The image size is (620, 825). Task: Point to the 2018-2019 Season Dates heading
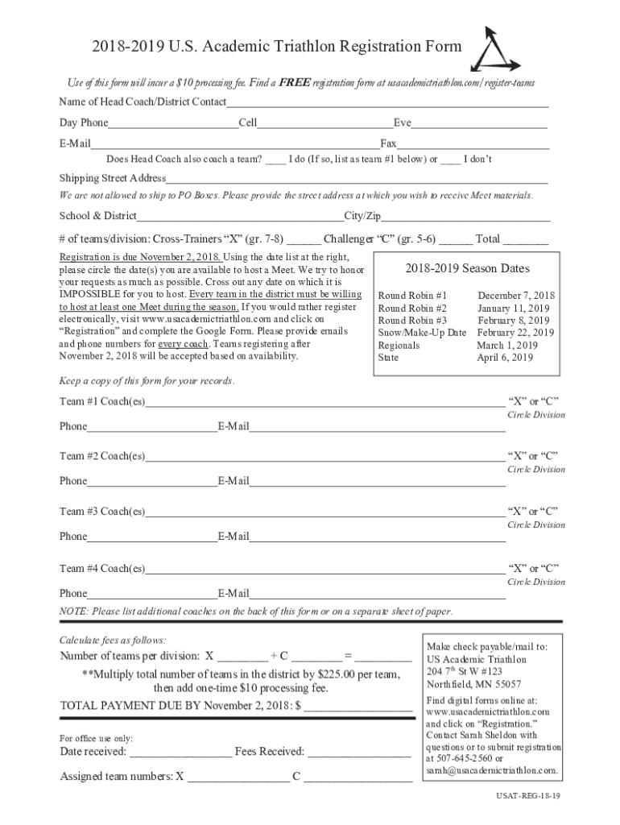click(x=467, y=269)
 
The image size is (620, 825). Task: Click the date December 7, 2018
click(x=515, y=296)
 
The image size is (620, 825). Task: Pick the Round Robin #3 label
click(x=412, y=321)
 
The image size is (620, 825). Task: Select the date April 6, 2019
click(x=505, y=358)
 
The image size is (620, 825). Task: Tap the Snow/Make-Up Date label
click(x=422, y=333)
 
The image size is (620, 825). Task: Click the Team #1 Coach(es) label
click(x=102, y=401)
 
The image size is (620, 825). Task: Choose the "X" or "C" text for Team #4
click(x=532, y=568)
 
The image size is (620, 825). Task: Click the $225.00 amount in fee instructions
click(x=339, y=674)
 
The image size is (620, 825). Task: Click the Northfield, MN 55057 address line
click(x=462, y=684)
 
